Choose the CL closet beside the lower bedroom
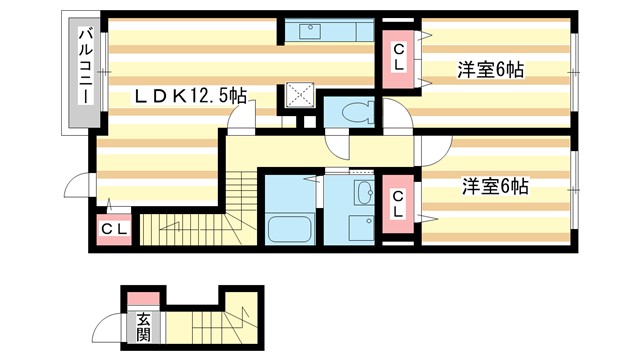[398, 204]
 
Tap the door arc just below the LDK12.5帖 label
[240, 119]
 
